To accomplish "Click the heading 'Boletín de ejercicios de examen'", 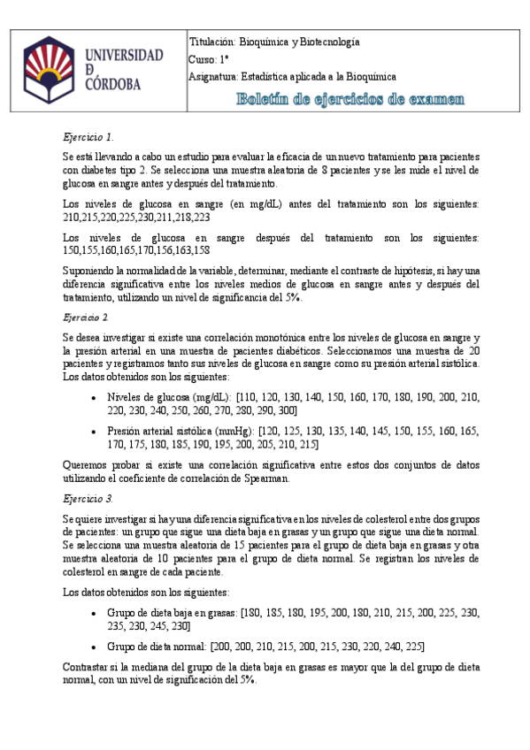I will tap(349, 99).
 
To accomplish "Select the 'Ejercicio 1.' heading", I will tap(88, 137).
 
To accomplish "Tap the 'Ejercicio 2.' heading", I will tap(87, 316).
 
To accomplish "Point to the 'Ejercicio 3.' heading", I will tap(88, 499).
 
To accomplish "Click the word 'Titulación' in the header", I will tap(212, 42).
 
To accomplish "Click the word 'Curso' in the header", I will tap(203, 59).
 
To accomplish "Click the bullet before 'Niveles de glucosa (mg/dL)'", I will tap(95, 398).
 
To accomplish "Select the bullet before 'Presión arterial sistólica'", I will tap(95, 432).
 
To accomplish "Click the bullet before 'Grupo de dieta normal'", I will tap(95, 646).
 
